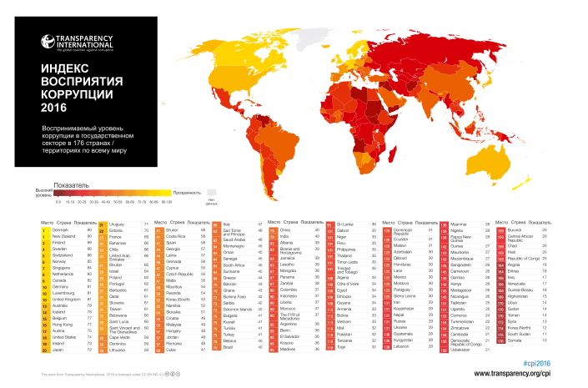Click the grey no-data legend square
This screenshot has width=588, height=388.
coord(212,192)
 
